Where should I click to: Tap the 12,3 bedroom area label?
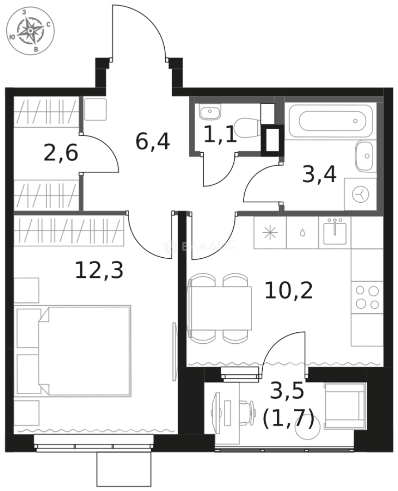pos(99,271)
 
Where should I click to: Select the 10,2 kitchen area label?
pos(289,291)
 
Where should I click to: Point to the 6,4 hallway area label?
pos(152,141)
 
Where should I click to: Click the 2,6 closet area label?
pos(61,154)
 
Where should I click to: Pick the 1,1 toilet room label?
pos(220,135)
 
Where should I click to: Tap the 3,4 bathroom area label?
pos(319,174)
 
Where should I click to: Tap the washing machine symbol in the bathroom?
pos(360,195)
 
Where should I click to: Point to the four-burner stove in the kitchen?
pos(367,297)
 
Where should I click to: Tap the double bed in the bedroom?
pos(85,351)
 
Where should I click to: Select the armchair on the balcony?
pos(345,406)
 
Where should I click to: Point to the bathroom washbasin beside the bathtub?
pos(365,156)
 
